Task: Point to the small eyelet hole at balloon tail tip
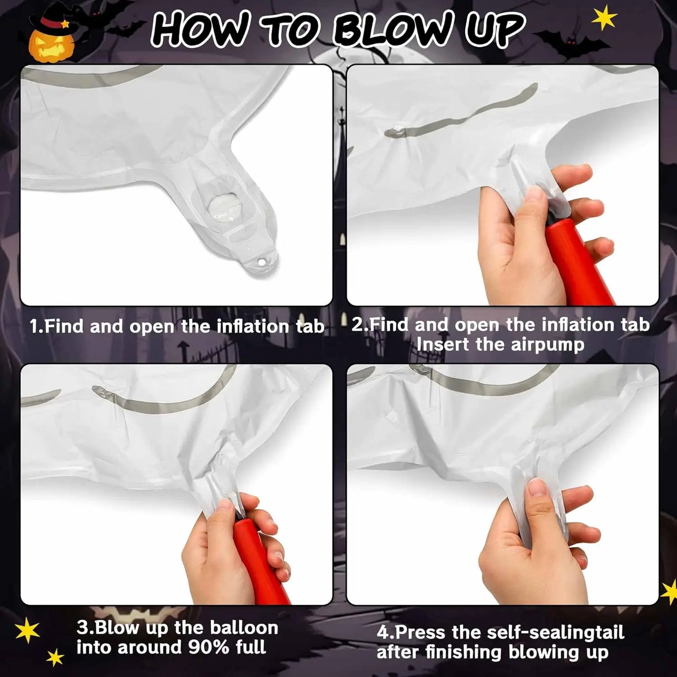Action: [x=261, y=262]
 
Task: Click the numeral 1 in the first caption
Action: [x=34, y=327]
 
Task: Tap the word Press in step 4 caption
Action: [x=422, y=633]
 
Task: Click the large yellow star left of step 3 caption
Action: [x=27, y=630]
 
